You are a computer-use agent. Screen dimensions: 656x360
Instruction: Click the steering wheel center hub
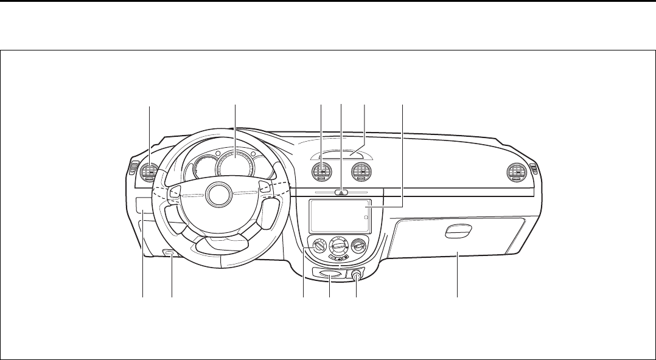pos(217,194)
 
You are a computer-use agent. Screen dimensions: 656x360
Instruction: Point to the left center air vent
pos(321,173)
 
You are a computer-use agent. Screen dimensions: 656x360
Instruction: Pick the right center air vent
pos(363,173)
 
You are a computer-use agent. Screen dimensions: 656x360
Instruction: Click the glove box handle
pos(458,231)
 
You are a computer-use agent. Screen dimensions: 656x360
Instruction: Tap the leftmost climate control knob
pos(318,247)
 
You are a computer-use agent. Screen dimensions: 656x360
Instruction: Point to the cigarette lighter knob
pos(356,275)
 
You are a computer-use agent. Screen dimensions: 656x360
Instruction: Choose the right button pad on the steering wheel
pos(262,185)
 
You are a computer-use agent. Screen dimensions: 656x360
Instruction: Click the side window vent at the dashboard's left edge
pos(130,170)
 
